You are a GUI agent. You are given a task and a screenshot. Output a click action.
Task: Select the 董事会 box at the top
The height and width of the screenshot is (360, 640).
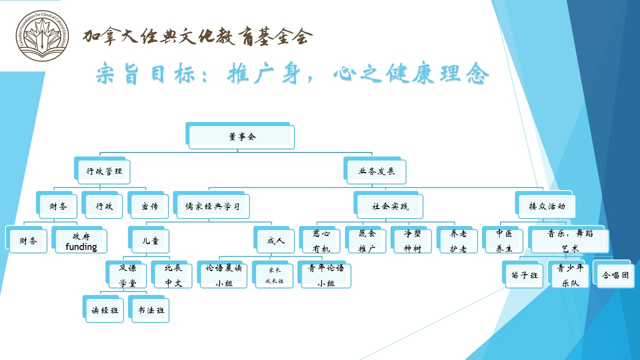pos(241,136)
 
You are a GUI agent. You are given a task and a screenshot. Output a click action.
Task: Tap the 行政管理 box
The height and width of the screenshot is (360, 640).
pos(104,171)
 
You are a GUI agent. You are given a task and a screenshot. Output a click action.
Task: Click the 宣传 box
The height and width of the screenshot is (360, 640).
pos(149,206)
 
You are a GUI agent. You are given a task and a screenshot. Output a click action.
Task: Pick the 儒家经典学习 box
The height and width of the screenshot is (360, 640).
pos(212,206)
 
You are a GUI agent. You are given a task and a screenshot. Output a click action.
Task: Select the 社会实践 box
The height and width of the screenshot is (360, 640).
pos(390,206)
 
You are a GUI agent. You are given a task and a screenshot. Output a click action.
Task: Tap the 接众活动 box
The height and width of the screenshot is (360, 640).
pos(546,206)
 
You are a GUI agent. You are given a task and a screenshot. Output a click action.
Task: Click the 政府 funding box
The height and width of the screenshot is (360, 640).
pos(81,241)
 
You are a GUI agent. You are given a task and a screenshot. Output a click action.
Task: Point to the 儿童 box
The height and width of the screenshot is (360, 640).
pos(149,241)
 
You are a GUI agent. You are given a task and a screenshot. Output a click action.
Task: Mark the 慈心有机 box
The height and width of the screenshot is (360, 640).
pos(321,241)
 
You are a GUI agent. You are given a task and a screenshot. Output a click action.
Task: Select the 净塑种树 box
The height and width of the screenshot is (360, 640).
pos(412,241)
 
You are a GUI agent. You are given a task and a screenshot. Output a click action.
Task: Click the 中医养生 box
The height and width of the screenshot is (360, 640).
pos(504,241)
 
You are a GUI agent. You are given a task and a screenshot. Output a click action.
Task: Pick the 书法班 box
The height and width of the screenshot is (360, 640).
pos(151,310)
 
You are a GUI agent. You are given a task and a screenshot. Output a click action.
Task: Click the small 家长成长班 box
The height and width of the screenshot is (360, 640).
pos(274,275)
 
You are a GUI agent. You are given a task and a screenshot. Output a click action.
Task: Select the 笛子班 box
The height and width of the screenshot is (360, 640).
pos(523,275)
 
